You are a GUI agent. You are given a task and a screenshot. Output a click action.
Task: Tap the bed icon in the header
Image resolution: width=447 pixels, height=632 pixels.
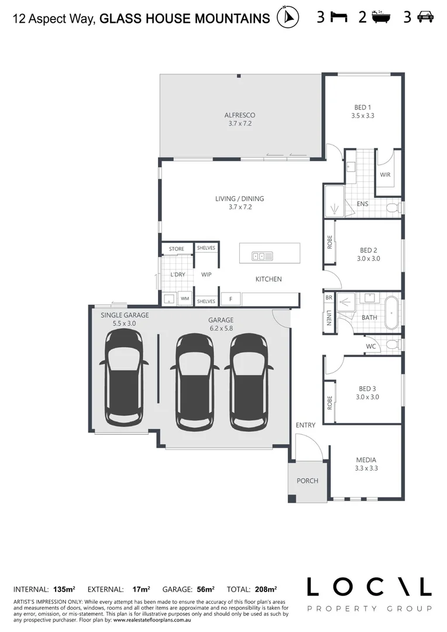339,17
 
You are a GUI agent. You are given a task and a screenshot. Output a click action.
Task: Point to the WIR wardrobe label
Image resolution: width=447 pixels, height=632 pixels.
385,175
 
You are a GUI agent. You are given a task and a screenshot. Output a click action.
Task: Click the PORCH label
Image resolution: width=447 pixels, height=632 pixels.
307,481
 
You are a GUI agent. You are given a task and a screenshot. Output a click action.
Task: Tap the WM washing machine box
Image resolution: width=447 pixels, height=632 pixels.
185,299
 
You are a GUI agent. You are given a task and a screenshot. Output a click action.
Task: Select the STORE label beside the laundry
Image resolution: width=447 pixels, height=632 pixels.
177,249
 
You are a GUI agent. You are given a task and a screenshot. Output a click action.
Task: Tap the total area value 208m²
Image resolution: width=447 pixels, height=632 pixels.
266,589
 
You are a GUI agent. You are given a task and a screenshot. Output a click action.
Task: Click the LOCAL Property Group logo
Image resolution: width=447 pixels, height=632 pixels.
369,593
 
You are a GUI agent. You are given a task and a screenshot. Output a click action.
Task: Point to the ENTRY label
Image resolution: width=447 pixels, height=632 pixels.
305,425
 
